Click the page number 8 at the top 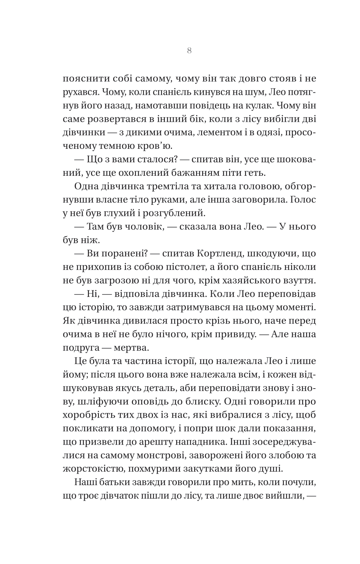click(x=189, y=51)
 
